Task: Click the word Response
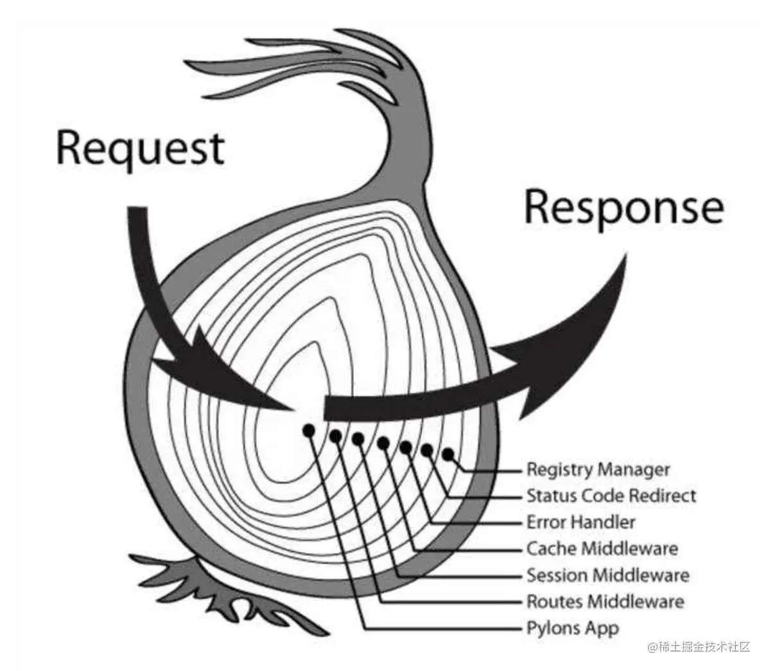tap(624, 208)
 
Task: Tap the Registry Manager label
tap(598, 470)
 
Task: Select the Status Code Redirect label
tap(611, 496)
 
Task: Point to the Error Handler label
tap(581, 522)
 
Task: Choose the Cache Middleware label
tap(602, 548)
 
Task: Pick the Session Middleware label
tap(608, 575)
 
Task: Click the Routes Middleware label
tap(606, 602)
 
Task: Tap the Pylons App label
tap(573, 629)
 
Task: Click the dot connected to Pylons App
tap(309, 431)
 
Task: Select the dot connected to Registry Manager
tap(448, 455)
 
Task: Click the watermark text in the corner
tap(699, 647)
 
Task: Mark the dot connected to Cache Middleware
tap(383, 443)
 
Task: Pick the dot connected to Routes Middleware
tap(335, 436)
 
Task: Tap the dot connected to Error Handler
tap(406, 447)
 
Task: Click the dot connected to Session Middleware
tap(358, 439)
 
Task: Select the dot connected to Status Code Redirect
tap(427, 450)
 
